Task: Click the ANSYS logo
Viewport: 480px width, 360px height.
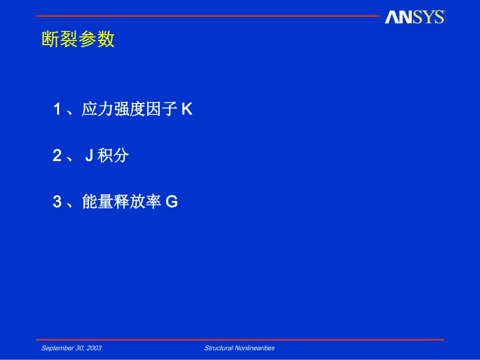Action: (414, 17)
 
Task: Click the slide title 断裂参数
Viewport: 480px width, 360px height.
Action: (78, 39)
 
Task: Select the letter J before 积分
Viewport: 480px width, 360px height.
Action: (88, 156)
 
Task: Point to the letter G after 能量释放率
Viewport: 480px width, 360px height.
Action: (172, 202)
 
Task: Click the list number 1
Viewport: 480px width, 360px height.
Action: (57, 109)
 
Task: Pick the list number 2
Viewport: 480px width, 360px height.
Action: (57, 156)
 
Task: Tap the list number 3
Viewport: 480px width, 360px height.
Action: (57, 202)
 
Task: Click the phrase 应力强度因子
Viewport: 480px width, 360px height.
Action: (130, 109)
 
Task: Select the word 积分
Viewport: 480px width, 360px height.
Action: (114, 156)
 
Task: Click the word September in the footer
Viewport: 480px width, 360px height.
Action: (57, 348)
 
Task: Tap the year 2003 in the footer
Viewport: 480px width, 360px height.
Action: (94, 348)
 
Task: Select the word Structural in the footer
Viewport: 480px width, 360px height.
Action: (219, 348)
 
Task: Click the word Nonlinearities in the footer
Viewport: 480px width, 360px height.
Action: (255, 348)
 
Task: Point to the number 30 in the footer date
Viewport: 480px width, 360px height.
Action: (80, 348)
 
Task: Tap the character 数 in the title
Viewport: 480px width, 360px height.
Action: (106, 39)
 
